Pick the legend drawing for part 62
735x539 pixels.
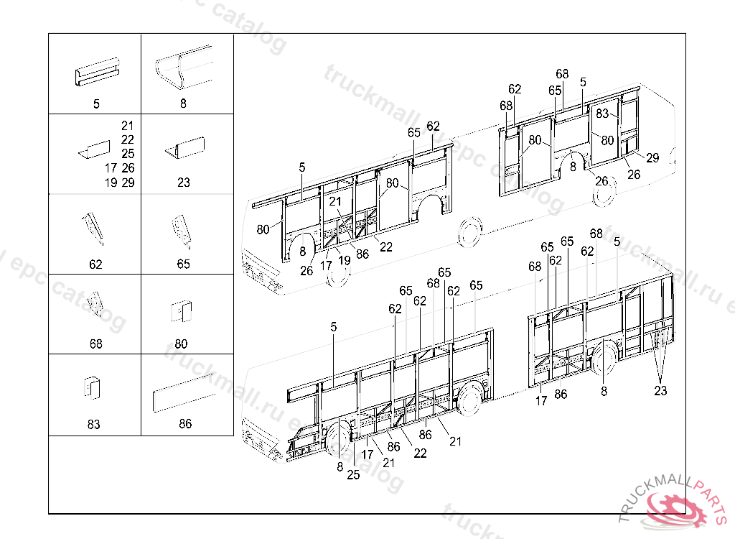[x=94, y=229]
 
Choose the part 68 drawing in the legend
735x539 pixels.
[x=94, y=308]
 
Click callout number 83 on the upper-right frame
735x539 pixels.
[x=602, y=114]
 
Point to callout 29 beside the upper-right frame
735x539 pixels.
[x=652, y=159]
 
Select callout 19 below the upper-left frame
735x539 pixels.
[x=344, y=261]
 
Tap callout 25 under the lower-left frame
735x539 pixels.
[x=353, y=474]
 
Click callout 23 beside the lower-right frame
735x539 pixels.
[x=660, y=391]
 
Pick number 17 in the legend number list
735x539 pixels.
[x=111, y=168]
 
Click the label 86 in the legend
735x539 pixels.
[x=185, y=424]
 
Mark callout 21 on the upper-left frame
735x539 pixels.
[x=335, y=202]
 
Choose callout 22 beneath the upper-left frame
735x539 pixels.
[x=386, y=247]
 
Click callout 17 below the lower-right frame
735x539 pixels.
[x=541, y=401]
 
